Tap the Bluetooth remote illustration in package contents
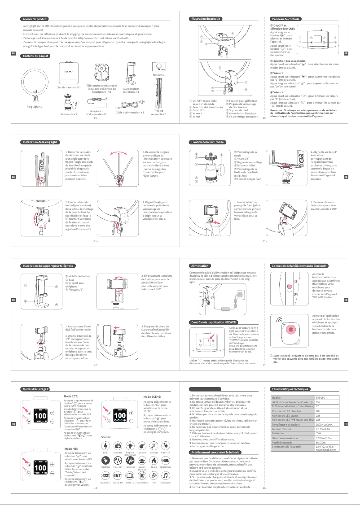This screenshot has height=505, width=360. [105, 72]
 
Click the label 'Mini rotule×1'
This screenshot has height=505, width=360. [69, 114]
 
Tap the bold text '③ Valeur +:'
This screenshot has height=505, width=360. [277, 73]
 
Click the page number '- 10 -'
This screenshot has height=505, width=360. [264, 118]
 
